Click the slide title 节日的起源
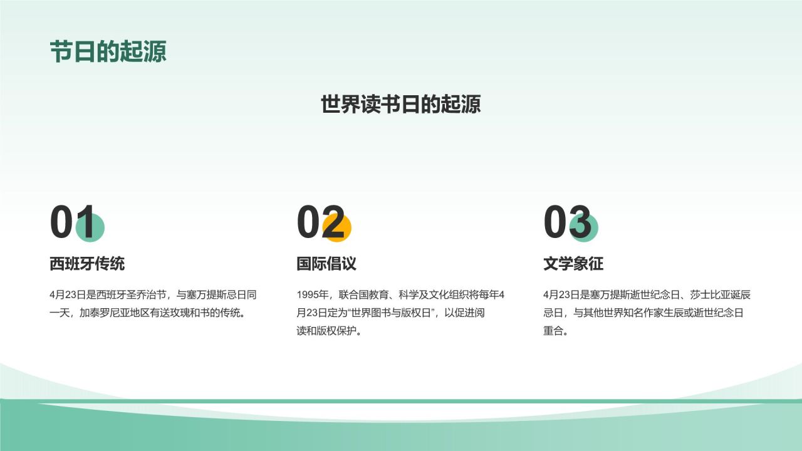pos(108,51)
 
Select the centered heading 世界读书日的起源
pos(401,104)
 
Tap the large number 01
pos(71,223)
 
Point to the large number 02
pos(320,223)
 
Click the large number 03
pos(566,223)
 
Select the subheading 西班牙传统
pos(87,264)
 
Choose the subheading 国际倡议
pos(326,264)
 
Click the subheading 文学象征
pos(573,264)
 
